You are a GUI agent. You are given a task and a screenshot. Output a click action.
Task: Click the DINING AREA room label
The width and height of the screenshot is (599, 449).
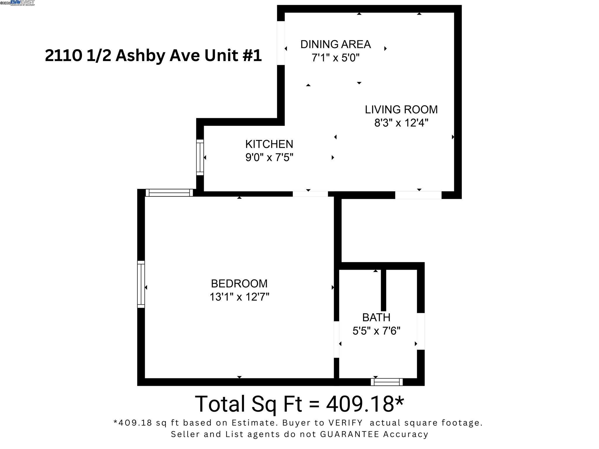(x=335, y=44)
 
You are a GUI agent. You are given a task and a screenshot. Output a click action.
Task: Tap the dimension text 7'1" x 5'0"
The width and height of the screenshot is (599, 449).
(x=335, y=58)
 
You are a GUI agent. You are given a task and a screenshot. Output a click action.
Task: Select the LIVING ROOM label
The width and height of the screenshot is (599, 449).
(x=401, y=110)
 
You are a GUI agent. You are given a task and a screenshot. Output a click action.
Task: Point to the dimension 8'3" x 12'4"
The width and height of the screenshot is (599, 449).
(x=401, y=123)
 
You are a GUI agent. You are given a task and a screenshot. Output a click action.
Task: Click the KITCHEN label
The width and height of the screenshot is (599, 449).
(x=269, y=144)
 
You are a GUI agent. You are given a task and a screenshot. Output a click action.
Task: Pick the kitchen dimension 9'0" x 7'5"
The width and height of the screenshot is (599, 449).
(x=269, y=158)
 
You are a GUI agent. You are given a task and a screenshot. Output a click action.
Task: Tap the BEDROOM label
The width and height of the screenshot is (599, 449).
(x=239, y=284)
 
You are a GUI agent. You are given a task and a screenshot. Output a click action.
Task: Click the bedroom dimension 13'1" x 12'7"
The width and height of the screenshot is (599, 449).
(x=239, y=297)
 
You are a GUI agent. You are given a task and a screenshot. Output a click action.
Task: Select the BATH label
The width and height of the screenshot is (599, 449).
(x=376, y=317)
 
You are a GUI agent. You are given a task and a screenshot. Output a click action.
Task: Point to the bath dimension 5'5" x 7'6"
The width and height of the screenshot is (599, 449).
(x=376, y=331)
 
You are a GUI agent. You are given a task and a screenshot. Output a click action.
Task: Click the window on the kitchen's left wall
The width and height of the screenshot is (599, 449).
(x=200, y=157)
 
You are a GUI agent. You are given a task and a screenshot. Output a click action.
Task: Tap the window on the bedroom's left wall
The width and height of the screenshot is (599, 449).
(x=141, y=284)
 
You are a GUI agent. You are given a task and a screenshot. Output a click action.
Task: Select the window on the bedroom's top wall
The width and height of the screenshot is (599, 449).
(x=169, y=193)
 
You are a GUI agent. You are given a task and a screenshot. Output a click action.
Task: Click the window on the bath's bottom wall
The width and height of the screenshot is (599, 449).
(x=387, y=382)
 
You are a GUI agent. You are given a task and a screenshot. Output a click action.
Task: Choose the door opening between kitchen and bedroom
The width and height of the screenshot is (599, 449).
(x=310, y=194)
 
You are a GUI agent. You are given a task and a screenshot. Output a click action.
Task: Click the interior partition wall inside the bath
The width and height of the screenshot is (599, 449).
(x=383, y=290)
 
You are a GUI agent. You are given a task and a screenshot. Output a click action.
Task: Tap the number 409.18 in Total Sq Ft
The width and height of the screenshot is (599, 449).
(x=360, y=404)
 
